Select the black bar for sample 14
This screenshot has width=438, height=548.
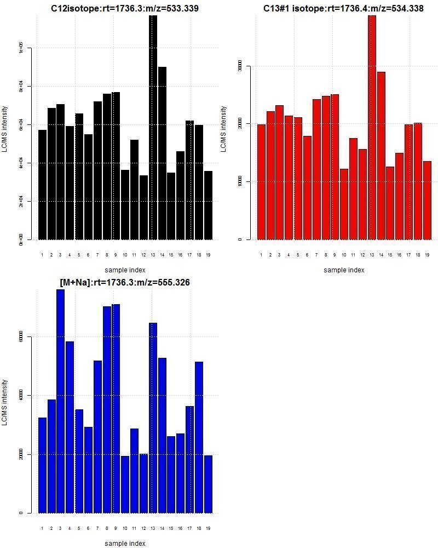click(x=163, y=153)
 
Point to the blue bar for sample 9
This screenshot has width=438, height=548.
click(x=116, y=408)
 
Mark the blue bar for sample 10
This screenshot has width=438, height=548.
click(x=125, y=484)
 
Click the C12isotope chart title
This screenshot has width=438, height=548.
click(x=124, y=9)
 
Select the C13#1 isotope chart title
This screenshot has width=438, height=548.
click(x=343, y=9)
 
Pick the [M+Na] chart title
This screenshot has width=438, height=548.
click(x=124, y=283)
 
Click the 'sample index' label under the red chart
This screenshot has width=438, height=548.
click(x=343, y=270)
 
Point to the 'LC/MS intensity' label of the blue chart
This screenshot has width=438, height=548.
click(x=5, y=402)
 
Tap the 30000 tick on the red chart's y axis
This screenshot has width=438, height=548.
click(x=239, y=66)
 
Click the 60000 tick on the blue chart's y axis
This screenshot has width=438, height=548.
click(x=20, y=336)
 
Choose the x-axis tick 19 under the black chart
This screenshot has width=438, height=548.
click(x=208, y=255)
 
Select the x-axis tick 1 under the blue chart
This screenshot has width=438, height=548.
click(x=42, y=528)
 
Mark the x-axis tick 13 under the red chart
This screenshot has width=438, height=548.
click(x=372, y=255)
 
